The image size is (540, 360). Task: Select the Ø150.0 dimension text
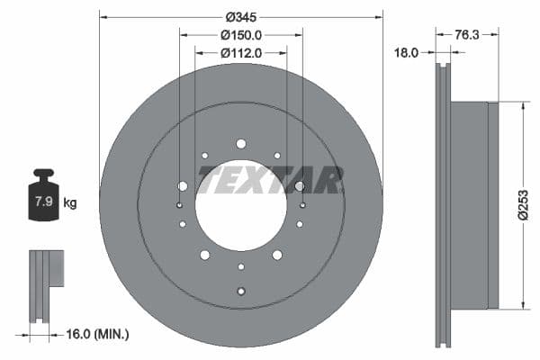tap(240, 35)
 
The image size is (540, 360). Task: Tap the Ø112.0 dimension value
tap(240, 53)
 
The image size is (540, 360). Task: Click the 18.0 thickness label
tap(408, 53)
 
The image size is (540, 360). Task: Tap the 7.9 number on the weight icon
tap(42, 202)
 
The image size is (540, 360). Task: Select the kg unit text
tap(70, 202)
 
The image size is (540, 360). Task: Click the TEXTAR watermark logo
tap(270, 180)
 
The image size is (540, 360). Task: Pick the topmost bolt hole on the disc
tap(240, 144)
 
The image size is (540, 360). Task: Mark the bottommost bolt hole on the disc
tap(240, 290)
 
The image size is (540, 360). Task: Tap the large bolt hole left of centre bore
tap(183, 186)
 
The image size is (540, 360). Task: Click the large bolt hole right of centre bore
tap(299, 186)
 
